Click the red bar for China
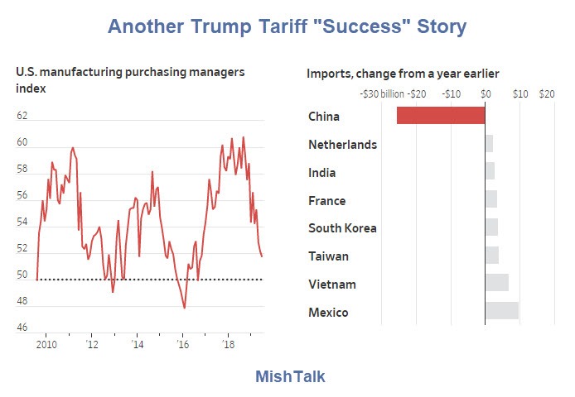[x=441, y=116]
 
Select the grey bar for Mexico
[x=501, y=312]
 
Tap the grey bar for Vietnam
[x=496, y=284]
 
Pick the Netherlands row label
[x=342, y=145]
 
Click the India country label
[x=321, y=173]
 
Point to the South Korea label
[x=342, y=228]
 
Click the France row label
[x=326, y=200]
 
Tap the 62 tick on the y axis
[x=22, y=117]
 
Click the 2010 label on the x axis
[x=46, y=343]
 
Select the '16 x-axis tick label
[x=183, y=343]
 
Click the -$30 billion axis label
[x=381, y=94]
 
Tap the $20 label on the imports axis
[x=547, y=94]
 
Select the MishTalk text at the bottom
[x=290, y=376]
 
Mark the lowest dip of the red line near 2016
[x=184, y=308]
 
